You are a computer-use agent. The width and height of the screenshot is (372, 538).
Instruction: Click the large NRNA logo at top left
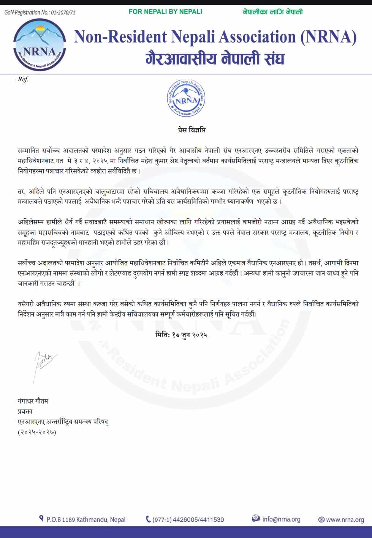(x=40, y=44)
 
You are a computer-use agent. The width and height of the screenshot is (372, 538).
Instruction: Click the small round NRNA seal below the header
(x=186, y=98)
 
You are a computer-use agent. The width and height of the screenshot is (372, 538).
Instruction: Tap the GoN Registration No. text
(x=40, y=13)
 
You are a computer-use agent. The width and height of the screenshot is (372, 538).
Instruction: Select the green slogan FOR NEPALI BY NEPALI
(x=165, y=12)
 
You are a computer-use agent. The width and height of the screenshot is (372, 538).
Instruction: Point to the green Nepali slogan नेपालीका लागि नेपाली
(x=272, y=12)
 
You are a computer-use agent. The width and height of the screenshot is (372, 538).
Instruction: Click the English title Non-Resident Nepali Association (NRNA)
(x=215, y=37)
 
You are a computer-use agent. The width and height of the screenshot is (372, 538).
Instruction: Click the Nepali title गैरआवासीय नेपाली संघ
(x=215, y=59)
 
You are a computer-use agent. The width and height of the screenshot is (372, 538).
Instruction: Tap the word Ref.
(x=23, y=79)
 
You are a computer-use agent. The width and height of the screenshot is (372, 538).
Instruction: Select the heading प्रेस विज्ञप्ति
(x=192, y=130)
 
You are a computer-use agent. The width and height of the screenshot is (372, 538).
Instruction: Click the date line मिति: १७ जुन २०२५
(x=181, y=335)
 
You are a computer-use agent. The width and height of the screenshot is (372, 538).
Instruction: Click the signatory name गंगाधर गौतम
(x=33, y=401)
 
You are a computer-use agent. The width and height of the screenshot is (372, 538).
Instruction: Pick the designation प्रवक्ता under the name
(x=25, y=411)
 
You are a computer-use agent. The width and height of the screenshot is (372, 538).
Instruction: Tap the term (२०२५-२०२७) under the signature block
(x=37, y=432)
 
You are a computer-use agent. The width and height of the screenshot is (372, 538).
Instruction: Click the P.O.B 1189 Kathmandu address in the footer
(x=86, y=519)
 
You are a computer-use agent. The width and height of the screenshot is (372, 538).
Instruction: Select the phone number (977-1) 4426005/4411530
(x=188, y=519)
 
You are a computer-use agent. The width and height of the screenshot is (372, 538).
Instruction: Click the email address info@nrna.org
(x=281, y=519)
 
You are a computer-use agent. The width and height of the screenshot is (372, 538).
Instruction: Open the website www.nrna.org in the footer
(x=345, y=519)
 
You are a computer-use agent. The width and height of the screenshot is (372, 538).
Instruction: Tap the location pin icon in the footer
(x=41, y=518)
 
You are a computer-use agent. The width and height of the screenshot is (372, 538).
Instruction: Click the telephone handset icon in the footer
(x=148, y=519)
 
